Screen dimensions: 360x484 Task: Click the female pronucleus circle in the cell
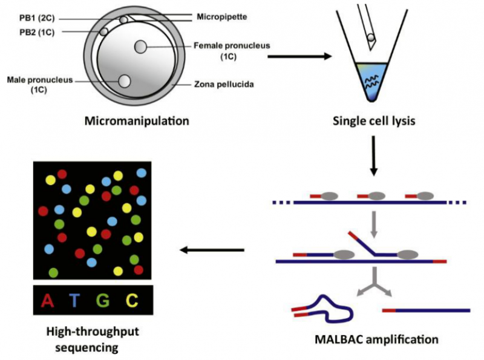coord(140,46)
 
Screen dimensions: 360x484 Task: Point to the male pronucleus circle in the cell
coord(125,81)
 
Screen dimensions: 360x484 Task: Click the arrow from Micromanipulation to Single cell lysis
coord(299,57)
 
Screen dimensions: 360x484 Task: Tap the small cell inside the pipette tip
coord(371,38)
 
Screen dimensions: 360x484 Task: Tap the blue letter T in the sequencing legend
coord(74,299)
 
